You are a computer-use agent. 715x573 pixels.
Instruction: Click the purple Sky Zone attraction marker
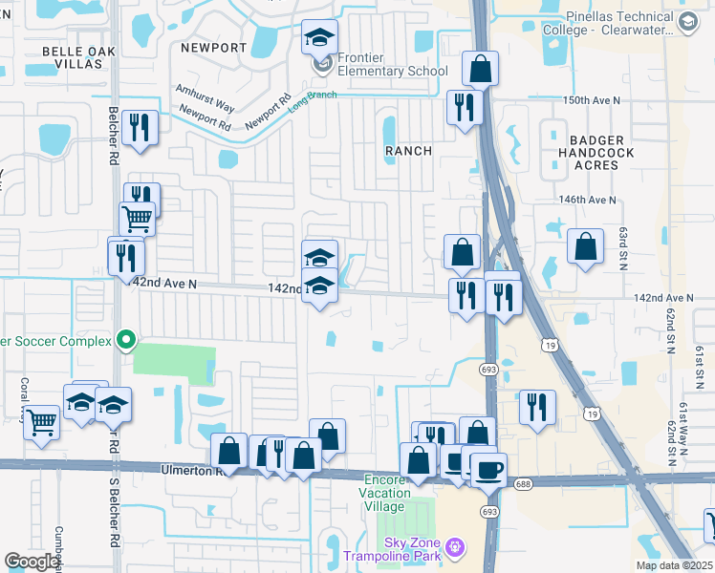coord(455,547)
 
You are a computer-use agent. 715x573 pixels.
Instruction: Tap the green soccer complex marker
coord(125,339)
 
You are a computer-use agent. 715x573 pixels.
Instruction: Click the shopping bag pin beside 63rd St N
coord(585,246)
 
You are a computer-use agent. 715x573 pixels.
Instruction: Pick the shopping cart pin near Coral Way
coord(41,421)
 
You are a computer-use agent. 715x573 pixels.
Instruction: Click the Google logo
coord(32,562)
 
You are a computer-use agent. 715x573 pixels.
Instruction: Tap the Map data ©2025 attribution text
coord(673,565)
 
